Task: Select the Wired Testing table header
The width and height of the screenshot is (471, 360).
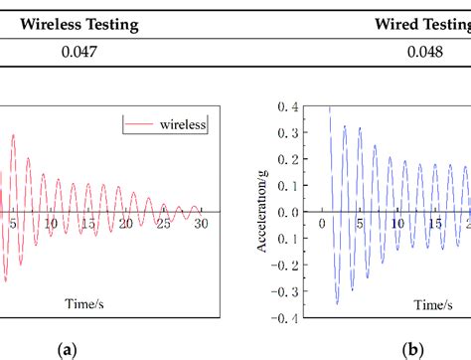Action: point(422,23)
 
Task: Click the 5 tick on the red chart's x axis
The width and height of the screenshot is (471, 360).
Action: point(13,225)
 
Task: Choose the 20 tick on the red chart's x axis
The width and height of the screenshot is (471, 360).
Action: point(125,225)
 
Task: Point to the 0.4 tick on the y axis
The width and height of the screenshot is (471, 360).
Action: point(288,106)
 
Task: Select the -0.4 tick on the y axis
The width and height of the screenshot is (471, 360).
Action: point(286,317)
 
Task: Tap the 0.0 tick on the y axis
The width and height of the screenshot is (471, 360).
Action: point(288,212)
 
